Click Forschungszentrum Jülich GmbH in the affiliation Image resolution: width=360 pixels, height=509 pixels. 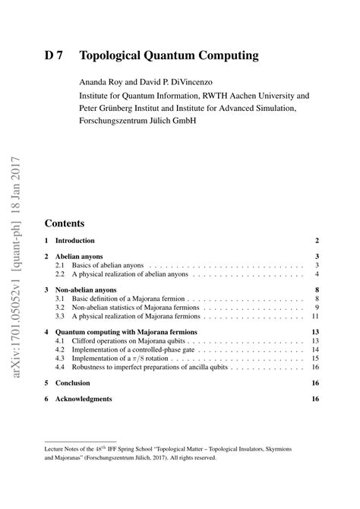[137, 120]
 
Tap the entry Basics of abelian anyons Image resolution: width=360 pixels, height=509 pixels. [106, 265]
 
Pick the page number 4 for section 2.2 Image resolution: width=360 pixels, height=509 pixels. [315, 274]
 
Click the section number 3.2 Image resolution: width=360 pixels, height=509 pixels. [61, 308]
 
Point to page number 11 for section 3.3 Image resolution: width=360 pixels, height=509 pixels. [314, 316]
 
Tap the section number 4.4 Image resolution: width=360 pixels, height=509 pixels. [61, 367]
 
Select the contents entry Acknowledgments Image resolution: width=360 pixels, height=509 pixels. [84, 399]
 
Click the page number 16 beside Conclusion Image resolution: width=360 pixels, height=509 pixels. [314, 383]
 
